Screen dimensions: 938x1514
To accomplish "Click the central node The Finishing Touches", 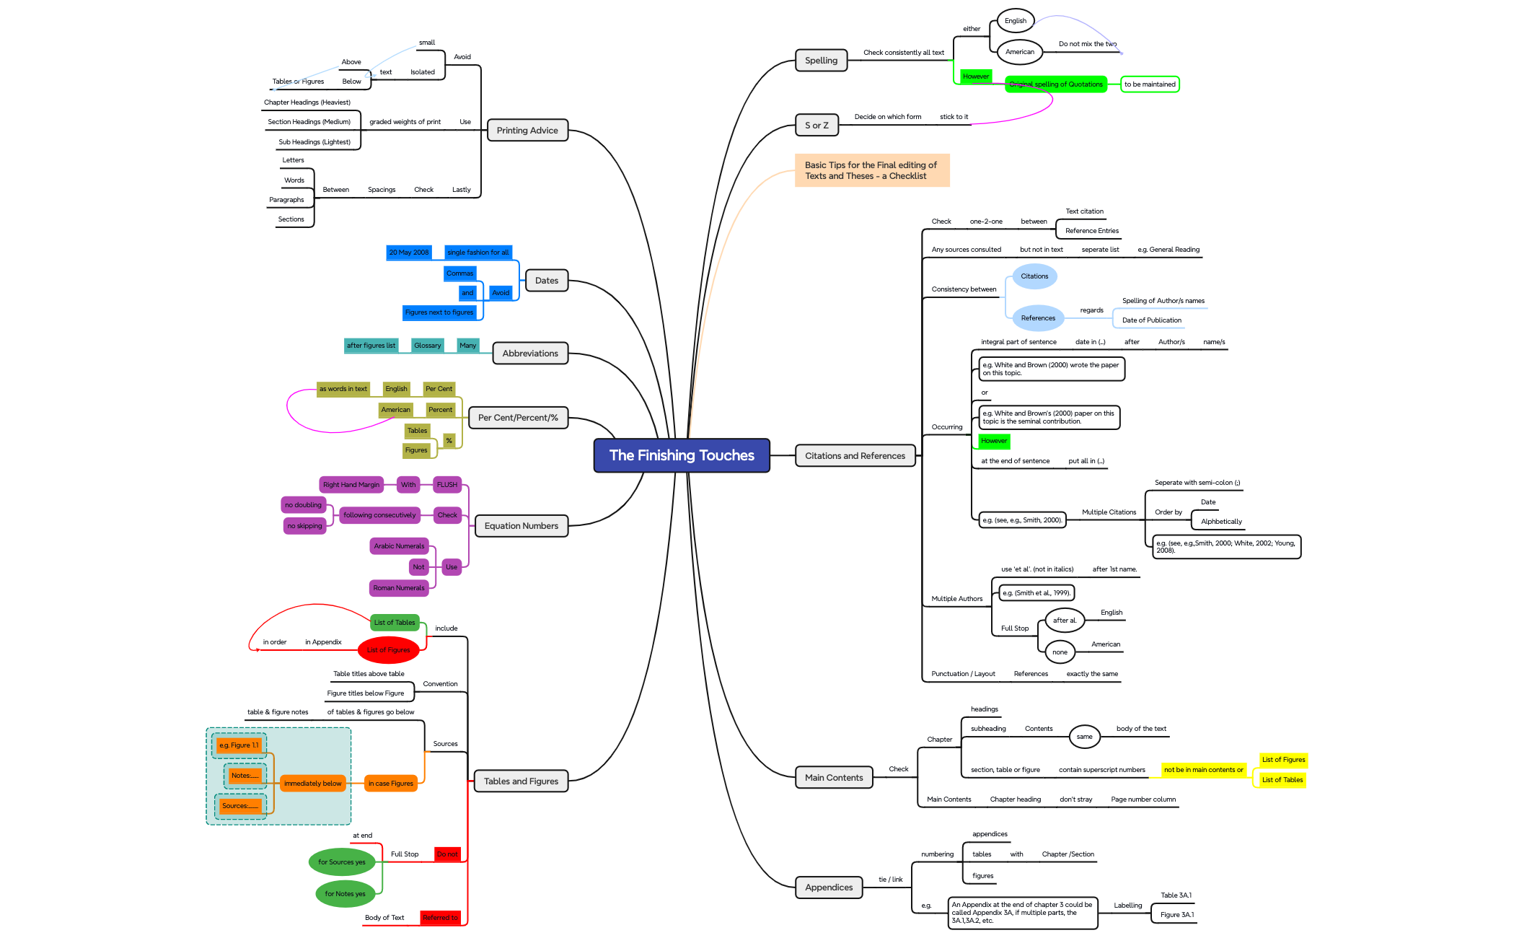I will pyautogui.click(x=681, y=455).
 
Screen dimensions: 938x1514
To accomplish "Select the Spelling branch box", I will pyautogui.click(x=821, y=61).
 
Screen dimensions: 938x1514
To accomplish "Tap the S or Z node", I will pyautogui.click(x=817, y=126).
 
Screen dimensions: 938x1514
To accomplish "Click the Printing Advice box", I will pyautogui.click(x=527, y=131).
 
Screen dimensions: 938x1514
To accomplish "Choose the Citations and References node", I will pyautogui.click(x=855, y=456).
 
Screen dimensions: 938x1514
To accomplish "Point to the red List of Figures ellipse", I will pyautogui.click(x=388, y=650).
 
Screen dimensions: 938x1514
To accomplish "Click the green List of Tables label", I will pyautogui.click(x=395, y=623).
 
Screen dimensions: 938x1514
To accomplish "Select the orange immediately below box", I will pyautogui.click(x=312, y=784).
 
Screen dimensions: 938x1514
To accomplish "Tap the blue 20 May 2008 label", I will pyautogui.click(x=409, y=253).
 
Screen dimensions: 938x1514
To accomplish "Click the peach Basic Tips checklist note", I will pyautogui.click(x=871, y=170).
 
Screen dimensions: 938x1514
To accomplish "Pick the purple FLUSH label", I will pyautogui.click(x=447, y=485).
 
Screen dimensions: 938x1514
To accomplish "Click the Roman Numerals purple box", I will pyautogui.click(x=399, y=588).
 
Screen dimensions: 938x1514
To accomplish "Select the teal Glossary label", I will pyautogui.click(x=427, y=346).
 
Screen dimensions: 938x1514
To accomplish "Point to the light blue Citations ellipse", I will pyautogui.click(x=1034, y=276).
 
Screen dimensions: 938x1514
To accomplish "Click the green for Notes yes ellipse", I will pyautogui.click(x=345, y=894).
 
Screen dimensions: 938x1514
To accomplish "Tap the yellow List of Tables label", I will pyautogui.click(x=1282, y=780).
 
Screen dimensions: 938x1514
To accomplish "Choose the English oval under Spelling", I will pyautogui.click(x=1015, y=21).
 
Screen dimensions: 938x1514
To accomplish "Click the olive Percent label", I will pyautogui.click(x=440, y=410).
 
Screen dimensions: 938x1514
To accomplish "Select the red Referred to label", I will pyautogui.click(x=440, y=918).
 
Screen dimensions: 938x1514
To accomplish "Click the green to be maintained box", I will pyautogui.click(x=1149, y=84).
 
